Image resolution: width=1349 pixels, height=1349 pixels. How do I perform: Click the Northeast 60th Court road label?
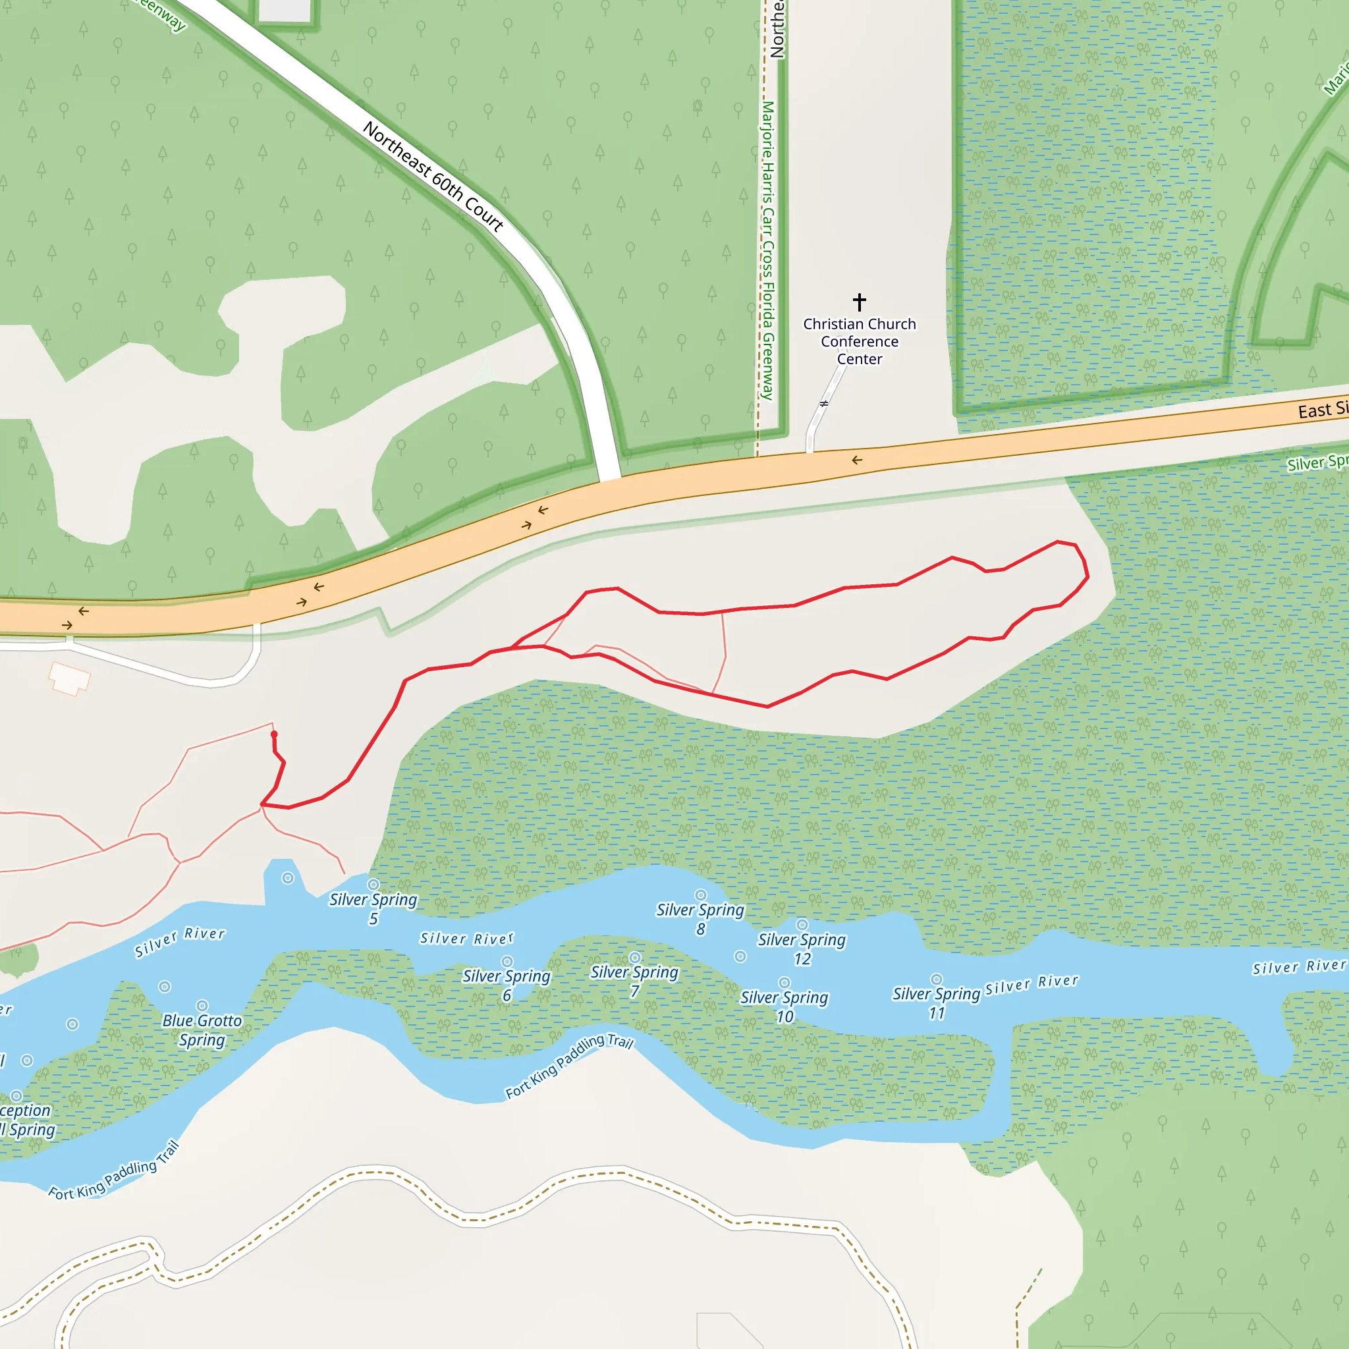[433, 177]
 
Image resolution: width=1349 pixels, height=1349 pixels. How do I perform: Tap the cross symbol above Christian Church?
[860, 302]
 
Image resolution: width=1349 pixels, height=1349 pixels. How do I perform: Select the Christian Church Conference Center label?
[860, 341]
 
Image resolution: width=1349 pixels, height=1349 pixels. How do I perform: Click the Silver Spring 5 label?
[373, 908]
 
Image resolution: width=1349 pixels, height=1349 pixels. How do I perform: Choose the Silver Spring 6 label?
[507, 985]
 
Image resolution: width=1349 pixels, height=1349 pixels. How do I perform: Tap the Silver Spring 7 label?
[634, 980]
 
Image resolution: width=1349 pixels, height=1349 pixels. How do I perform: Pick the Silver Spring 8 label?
[700, 919]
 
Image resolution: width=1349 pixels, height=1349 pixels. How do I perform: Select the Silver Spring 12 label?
[802, 949]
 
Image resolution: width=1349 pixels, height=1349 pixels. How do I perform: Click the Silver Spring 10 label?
[784, 1006]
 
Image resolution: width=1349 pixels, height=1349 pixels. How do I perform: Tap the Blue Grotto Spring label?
[202, 1030]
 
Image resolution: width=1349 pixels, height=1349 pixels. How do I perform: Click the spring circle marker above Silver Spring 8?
[700, 895]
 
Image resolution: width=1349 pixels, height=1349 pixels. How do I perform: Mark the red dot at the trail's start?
[274, 734]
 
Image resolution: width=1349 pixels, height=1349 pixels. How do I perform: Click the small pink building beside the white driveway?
[69, 678]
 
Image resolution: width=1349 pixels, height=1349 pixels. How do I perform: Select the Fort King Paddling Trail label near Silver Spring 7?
[569, 1066]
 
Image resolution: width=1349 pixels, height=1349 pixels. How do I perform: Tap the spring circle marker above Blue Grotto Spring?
[202, 1005]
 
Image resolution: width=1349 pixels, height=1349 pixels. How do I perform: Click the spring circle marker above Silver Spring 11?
[937, 979]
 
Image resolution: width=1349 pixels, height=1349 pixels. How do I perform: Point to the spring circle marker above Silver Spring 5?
[373, 885]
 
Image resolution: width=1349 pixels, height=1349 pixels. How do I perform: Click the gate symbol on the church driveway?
[824, 404]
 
